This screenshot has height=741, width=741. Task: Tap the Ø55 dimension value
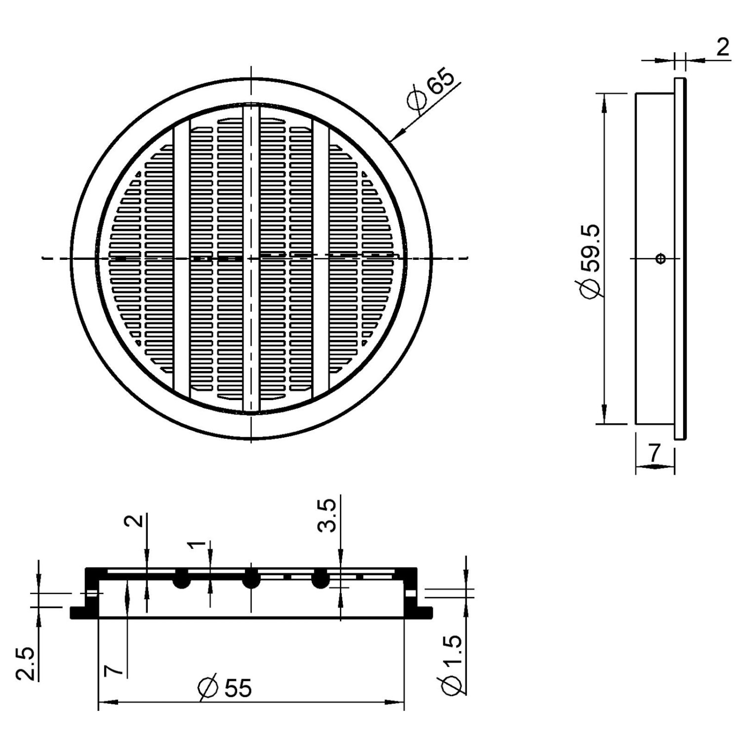[225, 687]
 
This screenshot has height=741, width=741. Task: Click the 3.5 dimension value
[327, 515]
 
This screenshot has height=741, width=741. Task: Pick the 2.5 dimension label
[25, 663]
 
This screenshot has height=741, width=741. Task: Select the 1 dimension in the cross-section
[198, 545]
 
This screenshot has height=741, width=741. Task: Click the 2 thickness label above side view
[722, 48]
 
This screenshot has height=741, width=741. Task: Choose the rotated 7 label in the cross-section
[113, 670]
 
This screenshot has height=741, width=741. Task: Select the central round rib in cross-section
[251, 578]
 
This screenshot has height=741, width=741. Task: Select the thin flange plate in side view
[680, 258]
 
